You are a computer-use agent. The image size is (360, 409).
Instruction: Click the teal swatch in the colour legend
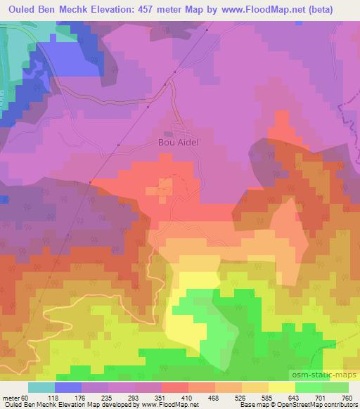41,387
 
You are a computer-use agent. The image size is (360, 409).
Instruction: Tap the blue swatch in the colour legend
69,387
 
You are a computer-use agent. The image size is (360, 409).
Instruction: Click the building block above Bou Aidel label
169,134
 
